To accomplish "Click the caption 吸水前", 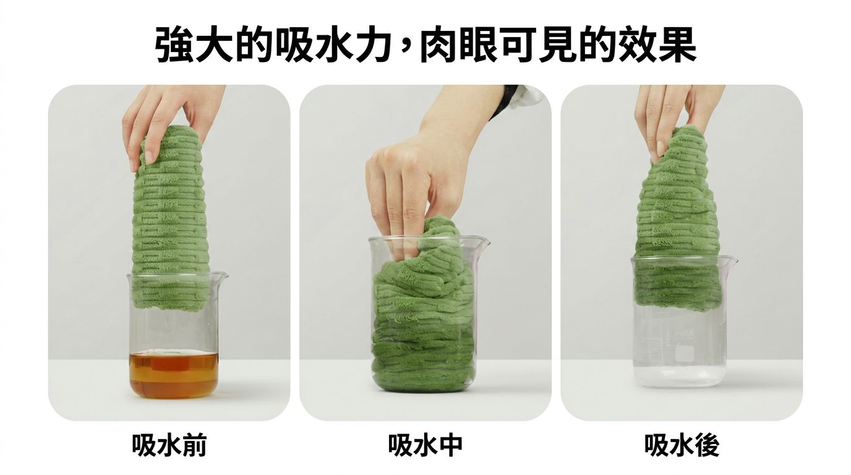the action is pyautogui.click(x=169, y=445).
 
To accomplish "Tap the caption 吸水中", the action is pyautogui.click(x=426, y=445).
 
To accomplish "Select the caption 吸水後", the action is pyautogui.click(x=682, y=445).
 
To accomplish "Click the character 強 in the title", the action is pyautogui.click(x=175, y=44).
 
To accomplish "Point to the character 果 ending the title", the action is pyautogui.click(x=677, y=44).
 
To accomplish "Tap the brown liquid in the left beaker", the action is pyautogui.click(x=174, y=374).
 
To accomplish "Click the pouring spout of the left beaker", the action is pyautogui.click(x=221, y=275).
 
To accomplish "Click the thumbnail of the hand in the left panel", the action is pyautogui.click(x=149, y=156).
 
